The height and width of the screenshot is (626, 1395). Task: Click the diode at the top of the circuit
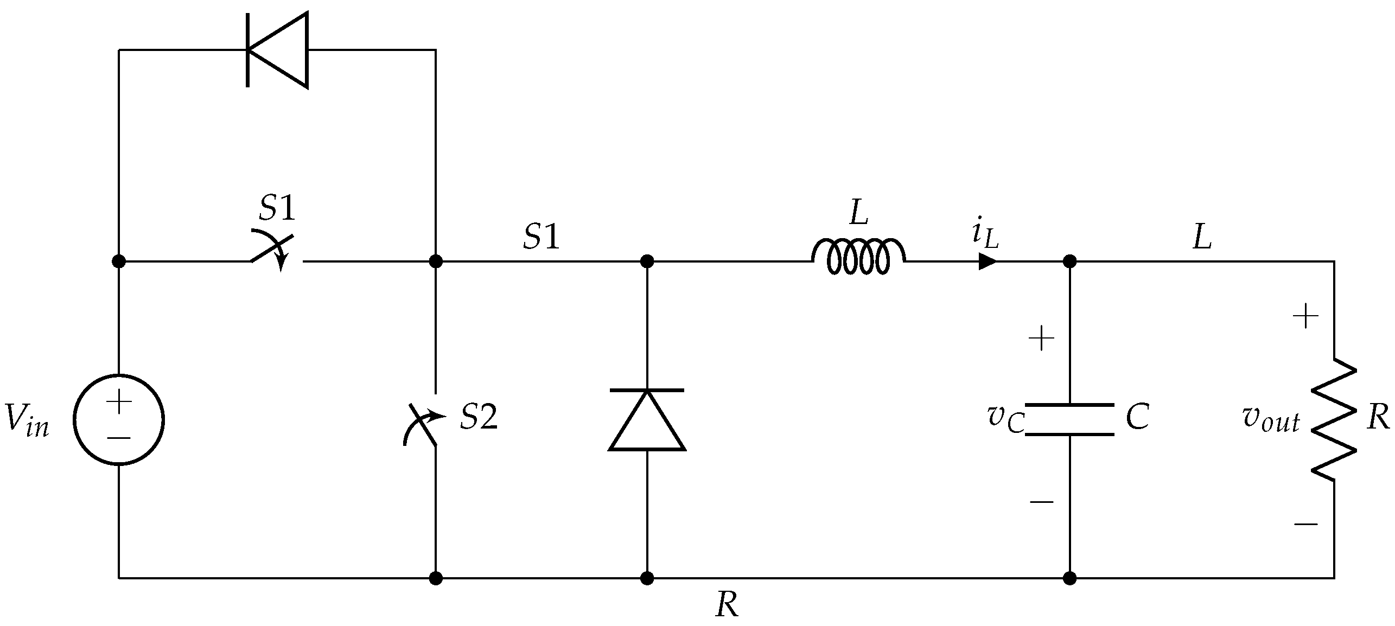277,50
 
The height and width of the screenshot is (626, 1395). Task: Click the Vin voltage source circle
119,419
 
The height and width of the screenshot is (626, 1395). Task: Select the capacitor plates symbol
1069,419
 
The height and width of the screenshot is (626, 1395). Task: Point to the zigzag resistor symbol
1334,419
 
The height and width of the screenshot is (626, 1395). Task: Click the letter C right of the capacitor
1137,418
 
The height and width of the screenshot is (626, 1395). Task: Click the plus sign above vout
1305,316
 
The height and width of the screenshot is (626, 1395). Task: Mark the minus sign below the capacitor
1041,502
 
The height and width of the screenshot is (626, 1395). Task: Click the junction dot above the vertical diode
647,261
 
